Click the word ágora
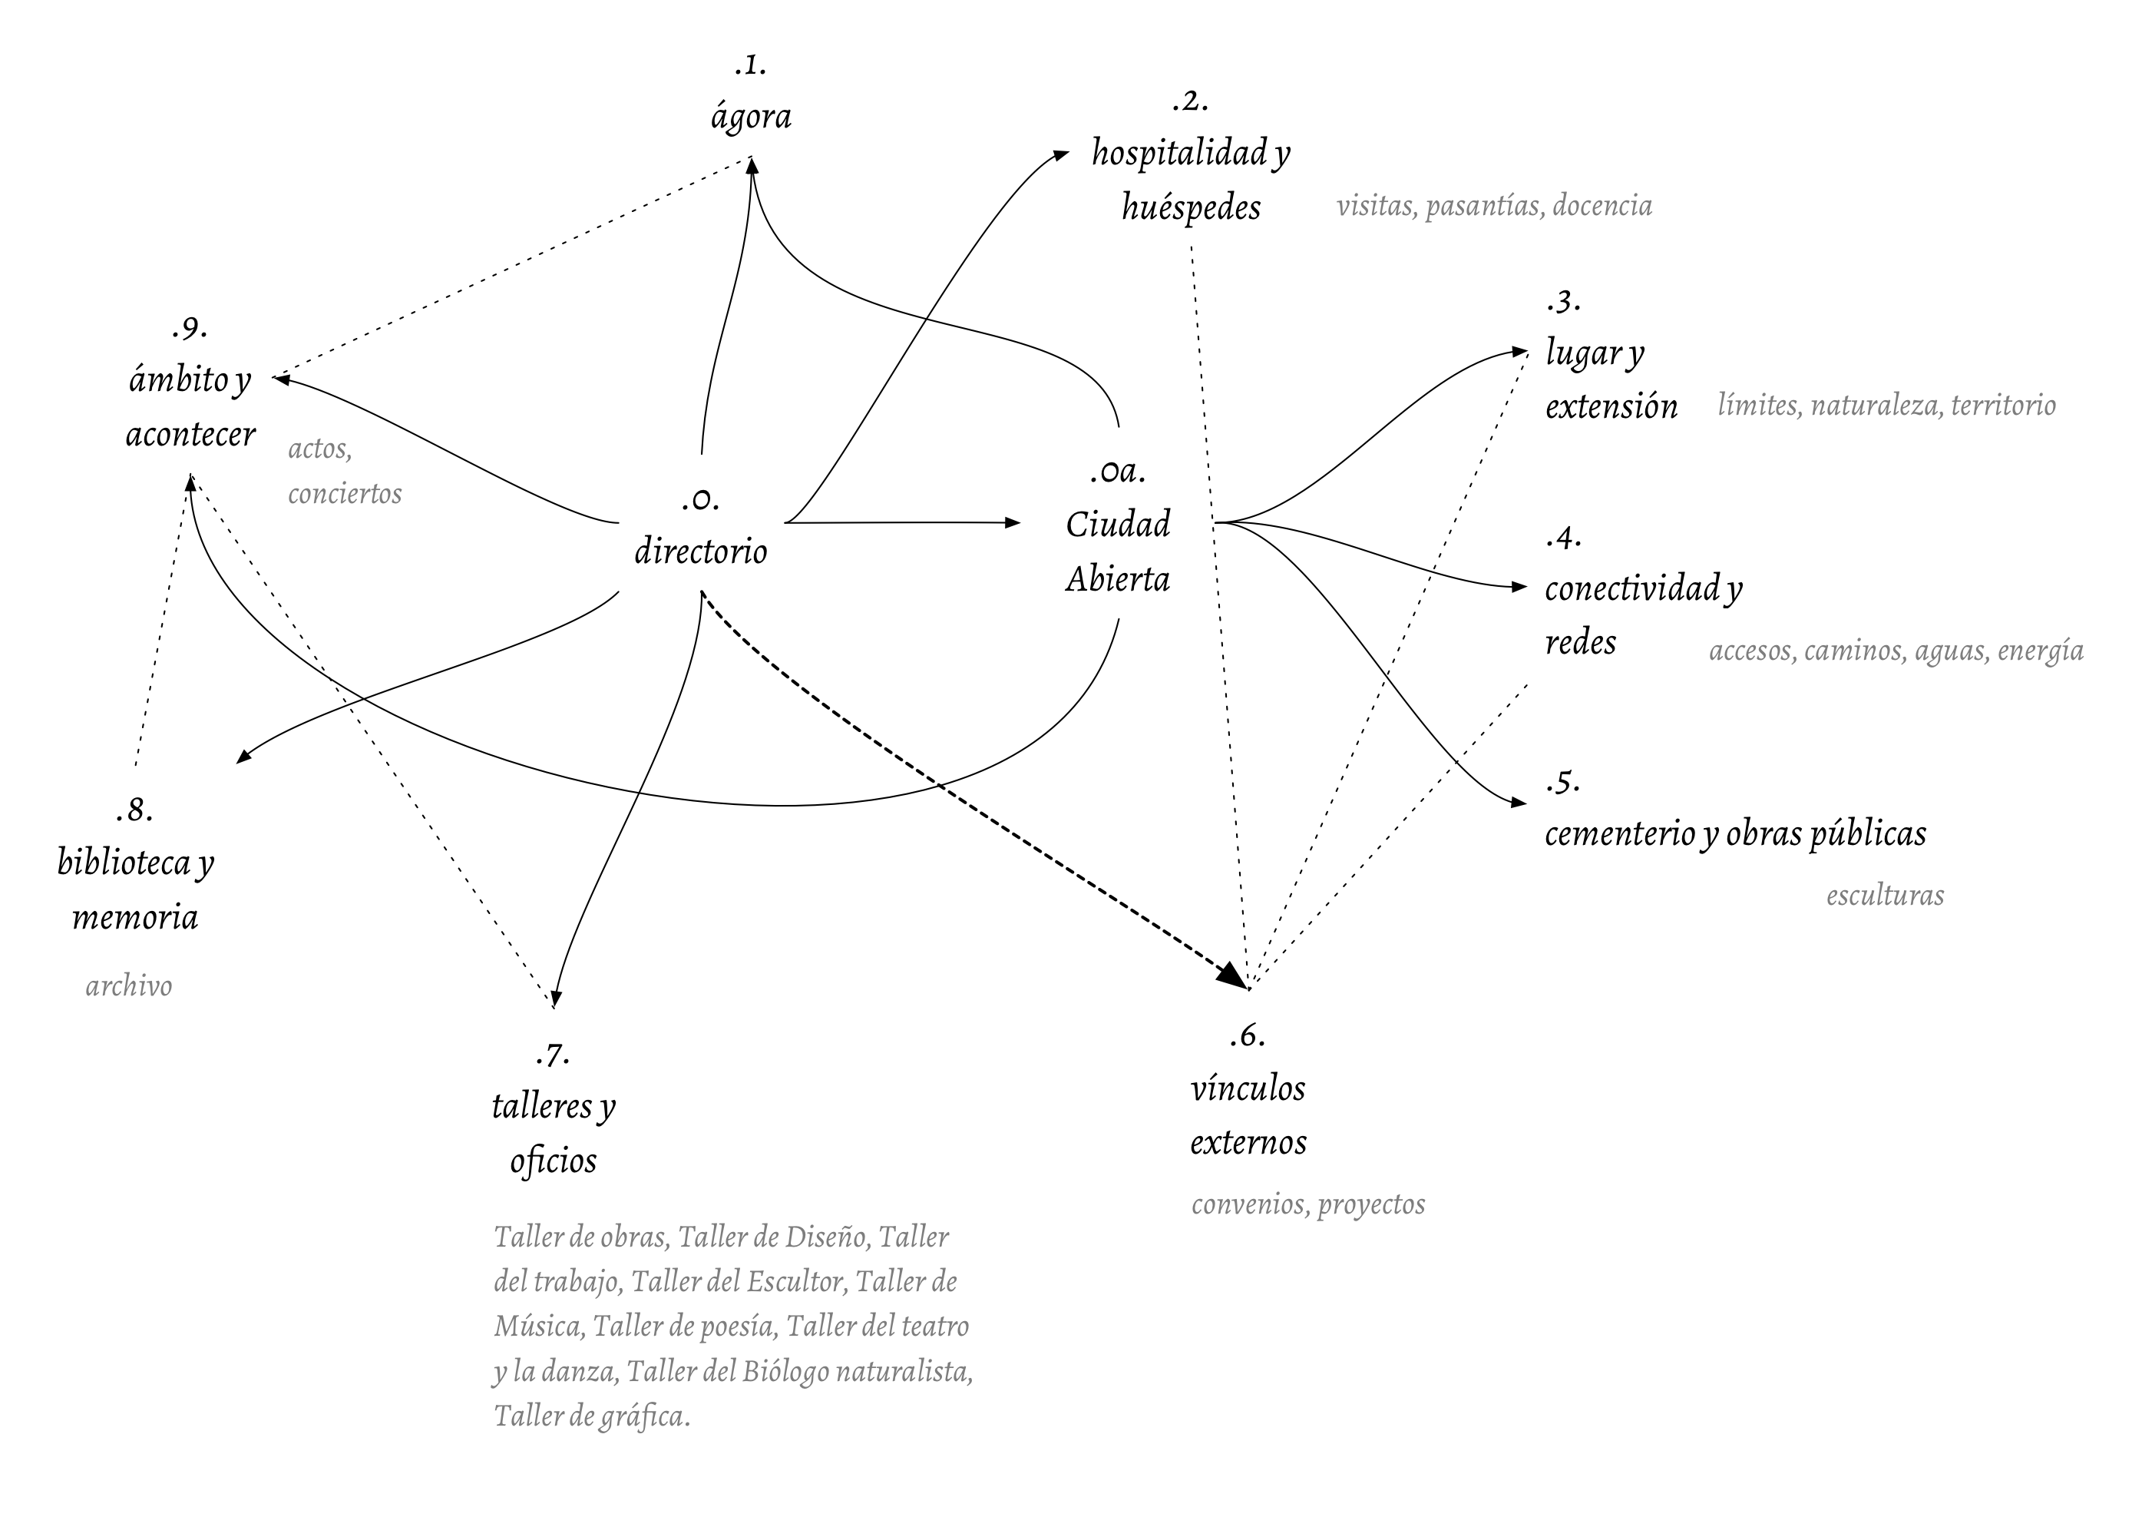click(751, 118)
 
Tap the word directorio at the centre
click(700, 551)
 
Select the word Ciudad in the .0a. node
click(1118, 524)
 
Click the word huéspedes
click(1191, 207)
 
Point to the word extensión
click(1611, 406)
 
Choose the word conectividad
click(1632, 588)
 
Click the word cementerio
click(1619, 833)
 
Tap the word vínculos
click(1248, 1088)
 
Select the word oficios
click(553, 1161)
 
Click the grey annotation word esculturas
click(1884, 896)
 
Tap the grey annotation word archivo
click(129, 986)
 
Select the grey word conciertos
click(345, 493)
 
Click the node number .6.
click(1247, 1035)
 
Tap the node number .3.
click(1562, 302)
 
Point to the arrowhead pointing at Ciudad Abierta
click(1012, 523)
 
